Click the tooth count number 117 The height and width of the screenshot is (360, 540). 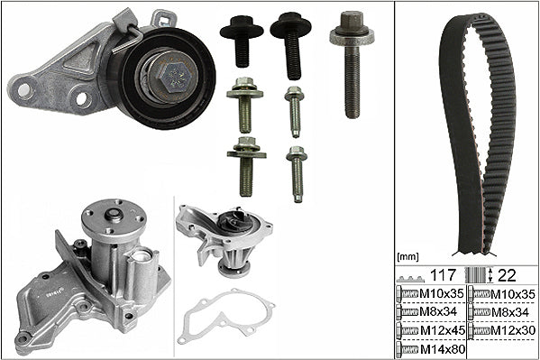444,275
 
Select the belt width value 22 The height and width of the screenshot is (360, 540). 508,275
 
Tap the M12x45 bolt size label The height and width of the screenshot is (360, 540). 443,331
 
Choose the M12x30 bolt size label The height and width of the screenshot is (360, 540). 513,331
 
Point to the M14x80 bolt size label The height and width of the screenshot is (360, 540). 443,349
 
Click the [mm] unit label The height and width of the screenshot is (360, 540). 407,256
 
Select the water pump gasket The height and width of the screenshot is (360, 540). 226,316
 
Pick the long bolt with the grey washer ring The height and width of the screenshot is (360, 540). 352,64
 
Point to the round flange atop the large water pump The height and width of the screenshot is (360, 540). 114,217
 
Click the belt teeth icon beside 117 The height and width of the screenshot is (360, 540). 410,278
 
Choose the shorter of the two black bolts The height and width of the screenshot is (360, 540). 242,41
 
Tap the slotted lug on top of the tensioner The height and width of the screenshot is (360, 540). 164,19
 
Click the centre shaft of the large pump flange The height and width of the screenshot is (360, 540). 114,215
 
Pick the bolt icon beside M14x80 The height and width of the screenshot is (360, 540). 407,349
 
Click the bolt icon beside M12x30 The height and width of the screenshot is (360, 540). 479,331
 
